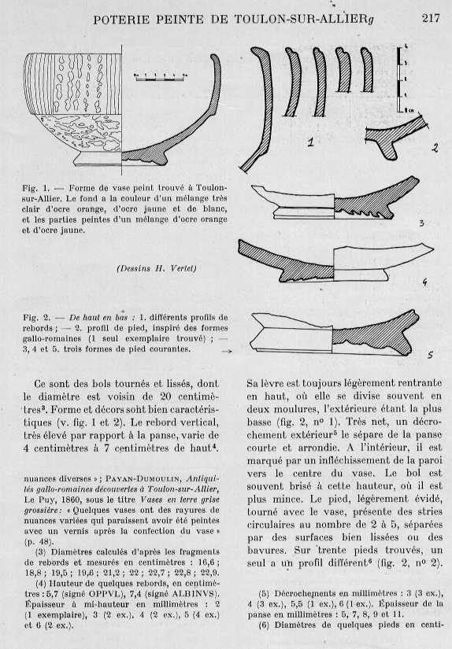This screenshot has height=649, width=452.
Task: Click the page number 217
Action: click(431, 19)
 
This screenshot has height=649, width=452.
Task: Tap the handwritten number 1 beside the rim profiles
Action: click(310, 143)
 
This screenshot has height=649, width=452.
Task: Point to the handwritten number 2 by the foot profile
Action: click(434, 147)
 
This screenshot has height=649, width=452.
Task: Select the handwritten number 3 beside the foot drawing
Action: click(421, 223)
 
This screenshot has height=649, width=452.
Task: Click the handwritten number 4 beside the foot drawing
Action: click(424, 282)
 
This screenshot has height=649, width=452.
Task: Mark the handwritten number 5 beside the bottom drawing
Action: click(430, 355)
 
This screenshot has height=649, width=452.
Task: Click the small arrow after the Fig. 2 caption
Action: click(227, 352)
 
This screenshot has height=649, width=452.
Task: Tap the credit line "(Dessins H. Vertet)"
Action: click(157, 267)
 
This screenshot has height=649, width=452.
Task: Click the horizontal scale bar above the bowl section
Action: click(161, 76)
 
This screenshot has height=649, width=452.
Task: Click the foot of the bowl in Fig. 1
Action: click(98, 159)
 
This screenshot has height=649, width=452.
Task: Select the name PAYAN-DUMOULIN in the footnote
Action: click(143, 479)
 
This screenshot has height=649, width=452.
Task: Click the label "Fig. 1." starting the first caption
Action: click(36, 187)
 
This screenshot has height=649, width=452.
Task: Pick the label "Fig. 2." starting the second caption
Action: click(37, 318)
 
